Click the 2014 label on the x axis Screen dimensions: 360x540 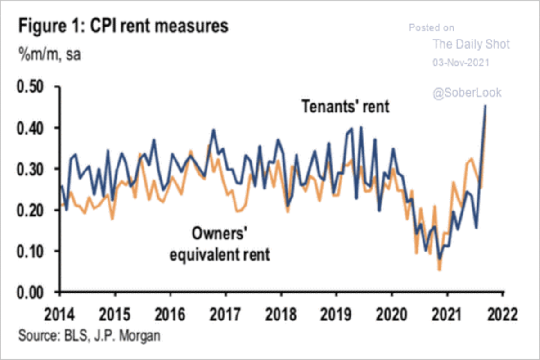click(60, 313)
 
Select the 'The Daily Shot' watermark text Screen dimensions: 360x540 click(471, 44)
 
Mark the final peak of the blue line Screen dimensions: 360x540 click(485, 106)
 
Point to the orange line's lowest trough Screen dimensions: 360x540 click(439, 270)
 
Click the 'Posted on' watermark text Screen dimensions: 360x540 click(431, 28)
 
